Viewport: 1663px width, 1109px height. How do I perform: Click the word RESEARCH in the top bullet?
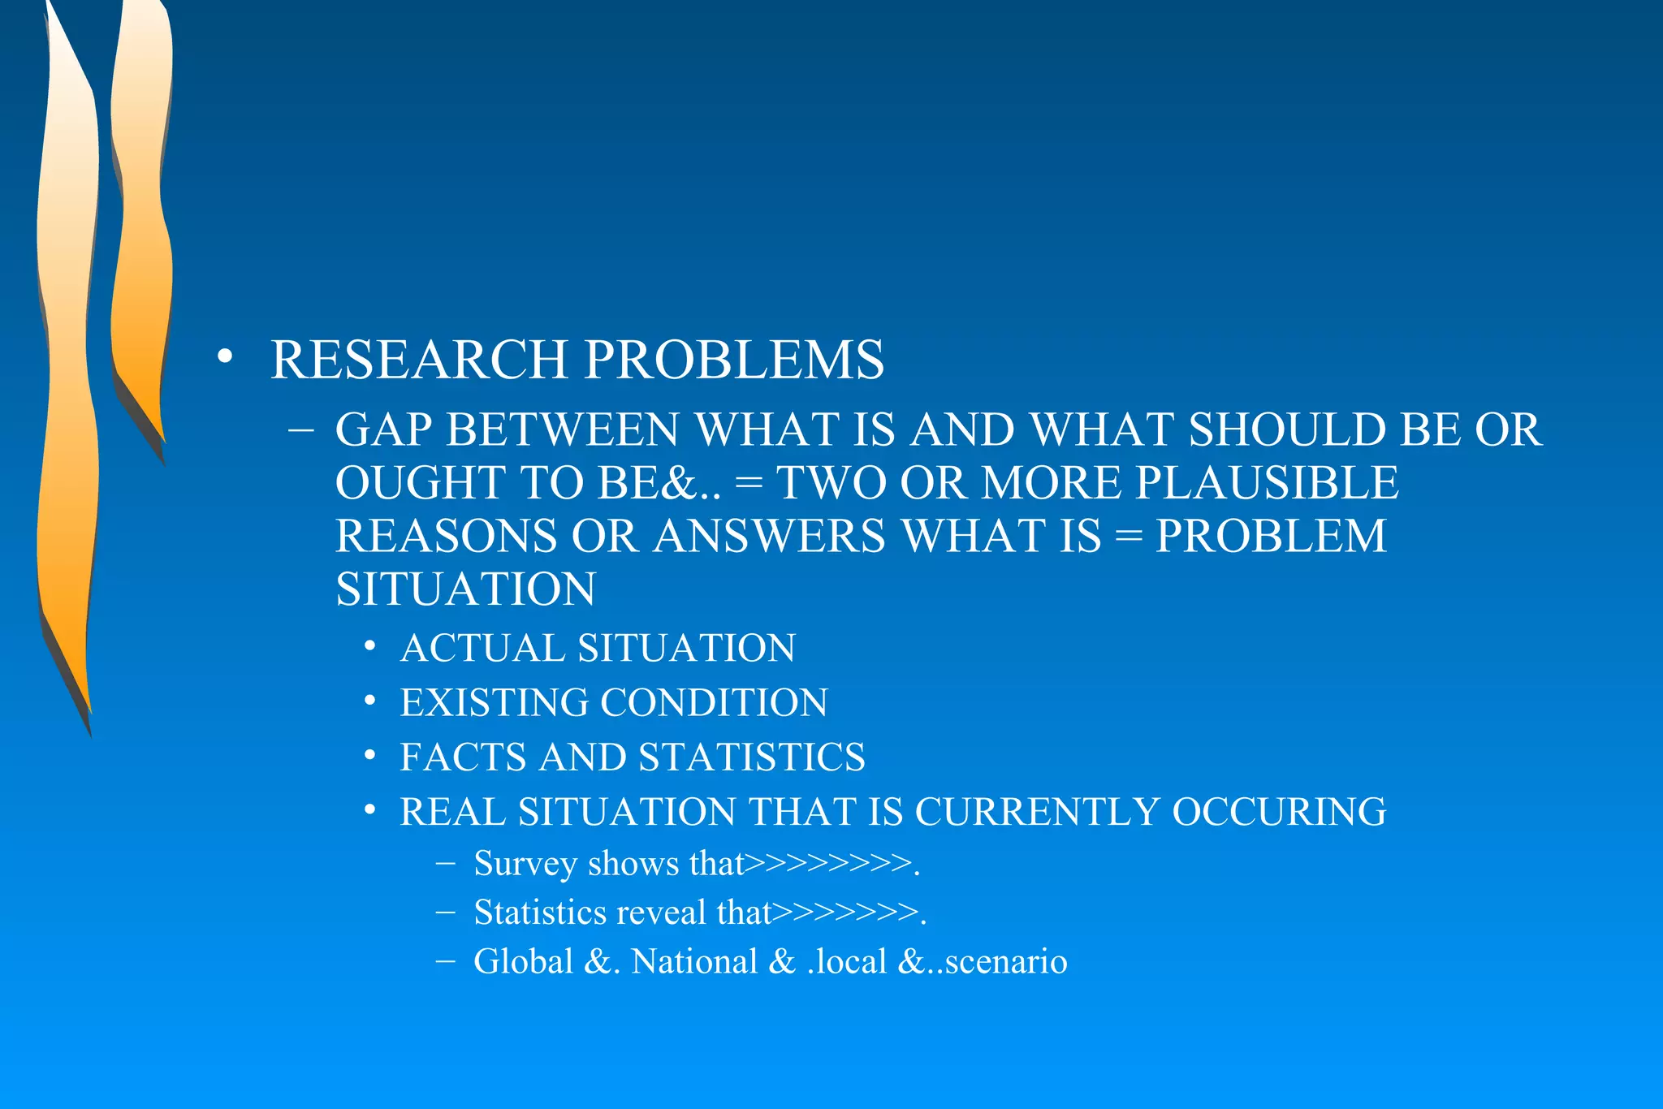[x=418, y=360]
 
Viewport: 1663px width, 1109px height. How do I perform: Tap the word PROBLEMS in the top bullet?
[x=734, y=360]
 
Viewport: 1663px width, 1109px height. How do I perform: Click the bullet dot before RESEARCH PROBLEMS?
[x=225, y=357]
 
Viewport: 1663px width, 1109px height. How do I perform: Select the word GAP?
[x=383, y=429]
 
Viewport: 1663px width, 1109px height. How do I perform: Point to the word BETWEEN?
[x=563, y=429]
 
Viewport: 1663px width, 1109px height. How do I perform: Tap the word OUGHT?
[x=421, y=483]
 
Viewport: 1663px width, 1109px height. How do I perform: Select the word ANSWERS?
[x=770, y=537]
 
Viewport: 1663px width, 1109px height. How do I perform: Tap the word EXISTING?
[x=494, y=703]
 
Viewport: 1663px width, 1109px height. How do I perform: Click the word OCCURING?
[x=1279, y=812]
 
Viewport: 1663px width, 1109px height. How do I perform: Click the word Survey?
[x=525, y=864]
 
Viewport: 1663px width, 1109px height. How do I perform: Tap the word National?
[x=694, y=962]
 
